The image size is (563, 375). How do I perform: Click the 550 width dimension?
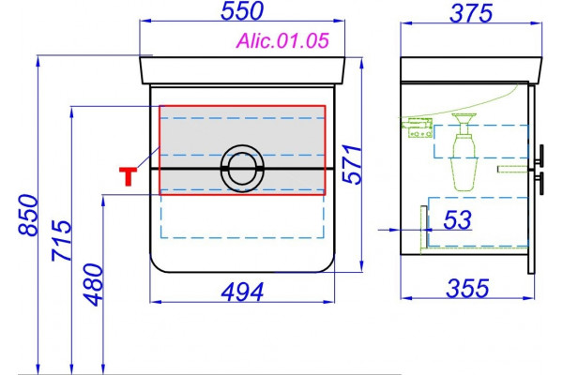[242, 10]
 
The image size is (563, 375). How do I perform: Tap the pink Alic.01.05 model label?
[282, 40]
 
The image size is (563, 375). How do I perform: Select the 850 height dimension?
[27, 215]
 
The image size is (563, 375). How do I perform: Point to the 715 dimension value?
[61, 240]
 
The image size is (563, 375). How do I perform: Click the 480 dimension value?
[93, 285]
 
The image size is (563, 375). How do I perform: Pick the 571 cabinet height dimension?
[352, 164]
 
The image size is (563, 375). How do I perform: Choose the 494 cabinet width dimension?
[242, 292]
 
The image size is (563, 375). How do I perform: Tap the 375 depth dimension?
[471, 14]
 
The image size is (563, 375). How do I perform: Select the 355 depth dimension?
[467, 288]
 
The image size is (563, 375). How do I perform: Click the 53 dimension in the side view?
[457, 219]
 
